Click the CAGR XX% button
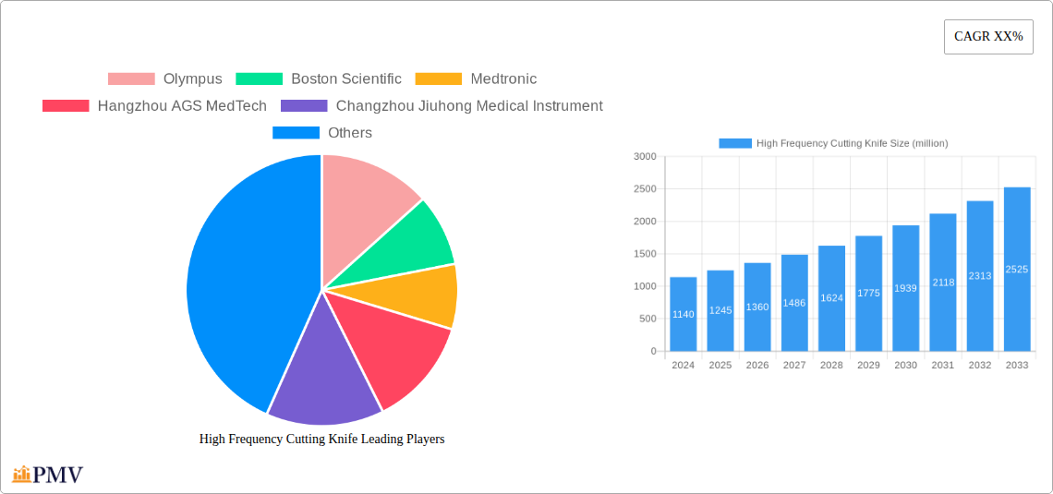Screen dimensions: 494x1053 [x=988, y=37]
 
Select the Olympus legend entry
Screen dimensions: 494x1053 [x=165, y=79]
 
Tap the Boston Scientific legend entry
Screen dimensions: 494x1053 [x=319, y=79]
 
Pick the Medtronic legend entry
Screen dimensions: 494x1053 [x=476, y=79]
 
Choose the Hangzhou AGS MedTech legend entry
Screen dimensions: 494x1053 [x=154, y=106]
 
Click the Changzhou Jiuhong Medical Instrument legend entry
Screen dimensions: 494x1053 [x=442, y=106]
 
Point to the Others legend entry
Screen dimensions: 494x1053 [x=322, y=133]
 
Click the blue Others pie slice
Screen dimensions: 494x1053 [x=240, y=277]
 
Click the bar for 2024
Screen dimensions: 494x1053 [x=684, y=314]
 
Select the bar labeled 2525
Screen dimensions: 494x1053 [x=1017, y=270]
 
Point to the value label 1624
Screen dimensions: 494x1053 [x=831, y=298]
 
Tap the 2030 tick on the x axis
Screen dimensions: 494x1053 [x=905, y=366]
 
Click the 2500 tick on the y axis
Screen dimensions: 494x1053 [x=645, y=189]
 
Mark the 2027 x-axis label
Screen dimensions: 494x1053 [x=794, y=366]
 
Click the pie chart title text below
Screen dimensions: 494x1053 [x=321, y=440]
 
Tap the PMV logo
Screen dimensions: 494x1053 [x=48, y=475]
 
